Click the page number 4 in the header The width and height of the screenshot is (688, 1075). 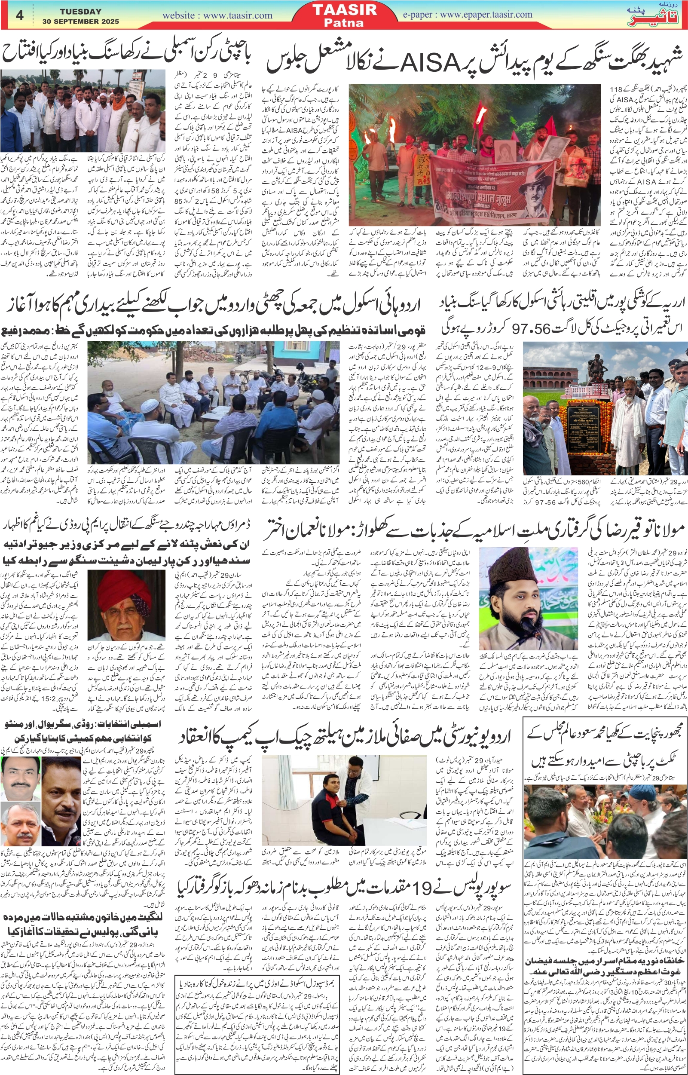tap(19, 15)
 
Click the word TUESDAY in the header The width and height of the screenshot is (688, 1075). tap(80, 12)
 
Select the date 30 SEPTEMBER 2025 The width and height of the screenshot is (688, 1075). tap(80, 21)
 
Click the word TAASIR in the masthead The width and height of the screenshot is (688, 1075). tap(345, 10)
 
